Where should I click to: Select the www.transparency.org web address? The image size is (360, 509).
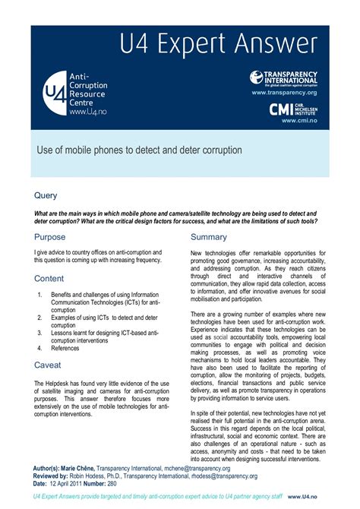tap(285, 92)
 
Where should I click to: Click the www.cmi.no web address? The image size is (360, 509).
tap(299, 120)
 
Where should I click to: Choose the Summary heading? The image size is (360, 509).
tap(209, 237)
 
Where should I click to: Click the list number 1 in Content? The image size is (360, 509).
tap(40, 295)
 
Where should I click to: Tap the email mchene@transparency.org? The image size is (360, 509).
tap(197, 469)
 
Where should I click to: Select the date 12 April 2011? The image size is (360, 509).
tap(74, 484)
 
